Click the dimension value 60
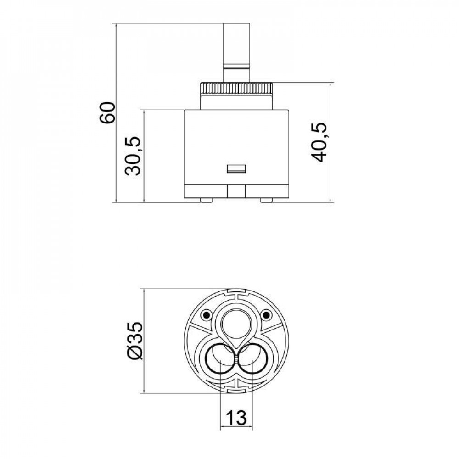pyautogui.click(x=107, y=112)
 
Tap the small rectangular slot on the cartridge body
pyautogui.click(x=237, y=168)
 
